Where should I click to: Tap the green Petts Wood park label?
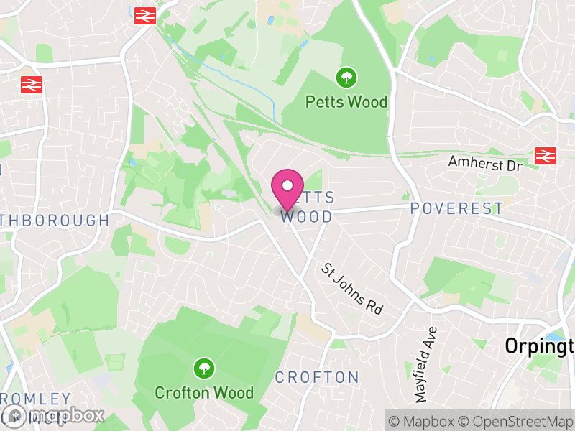pos(346,102)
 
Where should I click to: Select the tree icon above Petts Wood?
pos(346,76)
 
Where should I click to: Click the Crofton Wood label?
pos(204,393)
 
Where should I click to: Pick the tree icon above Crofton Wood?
pos(204,369)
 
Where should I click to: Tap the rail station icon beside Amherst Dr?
pos(545,155)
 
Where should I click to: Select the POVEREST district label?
pos(457,209)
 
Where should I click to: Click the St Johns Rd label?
pos(352,289)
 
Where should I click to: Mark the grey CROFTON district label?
pos(317,377)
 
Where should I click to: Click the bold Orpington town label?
pos(539,346)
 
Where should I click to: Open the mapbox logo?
pos(54,415)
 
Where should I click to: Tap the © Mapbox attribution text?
pos(422,420)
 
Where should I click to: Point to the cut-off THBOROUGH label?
pos(55,221)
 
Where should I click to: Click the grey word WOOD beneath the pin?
pos(307,217)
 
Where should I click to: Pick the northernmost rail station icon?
pos(145,15)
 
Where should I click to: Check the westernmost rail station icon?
pos(32,84)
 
